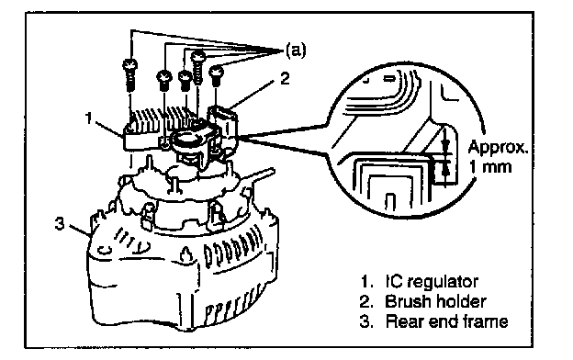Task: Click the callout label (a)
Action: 296,51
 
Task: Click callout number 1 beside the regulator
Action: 89,118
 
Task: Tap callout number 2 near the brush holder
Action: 285,78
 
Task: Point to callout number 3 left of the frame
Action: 60,223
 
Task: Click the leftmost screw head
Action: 130,66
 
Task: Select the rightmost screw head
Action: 217,71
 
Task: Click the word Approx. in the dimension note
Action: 498,148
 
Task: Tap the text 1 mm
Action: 490,166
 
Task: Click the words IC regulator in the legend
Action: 432,281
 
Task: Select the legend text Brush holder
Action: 435,301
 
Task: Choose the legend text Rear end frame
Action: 446,321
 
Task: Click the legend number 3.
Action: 365,322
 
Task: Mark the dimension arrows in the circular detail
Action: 444,157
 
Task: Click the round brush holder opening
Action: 186,139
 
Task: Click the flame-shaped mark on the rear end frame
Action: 186,254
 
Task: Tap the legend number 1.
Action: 366,282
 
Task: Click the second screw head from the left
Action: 164,77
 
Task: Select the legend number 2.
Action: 365,302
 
